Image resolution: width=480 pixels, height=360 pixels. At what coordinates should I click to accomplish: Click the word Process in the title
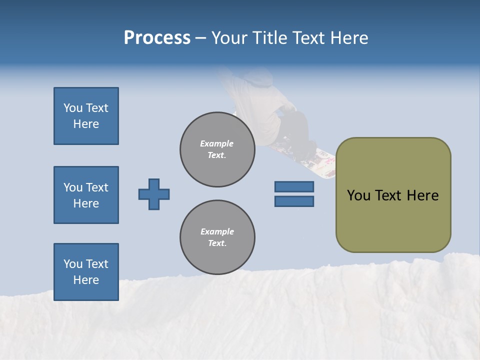click(157, 38)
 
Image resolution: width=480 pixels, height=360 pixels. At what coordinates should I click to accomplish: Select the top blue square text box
click(86, 116)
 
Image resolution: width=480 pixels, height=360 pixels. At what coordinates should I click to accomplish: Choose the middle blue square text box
click(86, 195)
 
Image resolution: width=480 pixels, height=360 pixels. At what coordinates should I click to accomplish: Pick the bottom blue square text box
click(86, 272)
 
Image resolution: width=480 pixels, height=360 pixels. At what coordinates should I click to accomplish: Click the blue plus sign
click(154, 194)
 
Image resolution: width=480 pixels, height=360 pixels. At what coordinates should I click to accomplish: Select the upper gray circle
click(217, 149)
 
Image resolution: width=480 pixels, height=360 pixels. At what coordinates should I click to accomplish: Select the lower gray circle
click(217, 237)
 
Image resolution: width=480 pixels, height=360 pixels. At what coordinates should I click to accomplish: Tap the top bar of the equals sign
click(294, 186)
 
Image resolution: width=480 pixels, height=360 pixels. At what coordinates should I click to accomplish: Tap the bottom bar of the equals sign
click(294, 201)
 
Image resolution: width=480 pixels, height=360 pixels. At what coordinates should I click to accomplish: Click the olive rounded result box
click(393, 195)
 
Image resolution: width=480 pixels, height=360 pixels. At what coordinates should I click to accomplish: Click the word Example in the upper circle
click(216, 143)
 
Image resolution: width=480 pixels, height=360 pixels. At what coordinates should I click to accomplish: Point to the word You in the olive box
click(358, 195)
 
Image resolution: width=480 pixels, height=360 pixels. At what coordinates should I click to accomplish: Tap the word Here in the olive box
click(422, 195)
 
